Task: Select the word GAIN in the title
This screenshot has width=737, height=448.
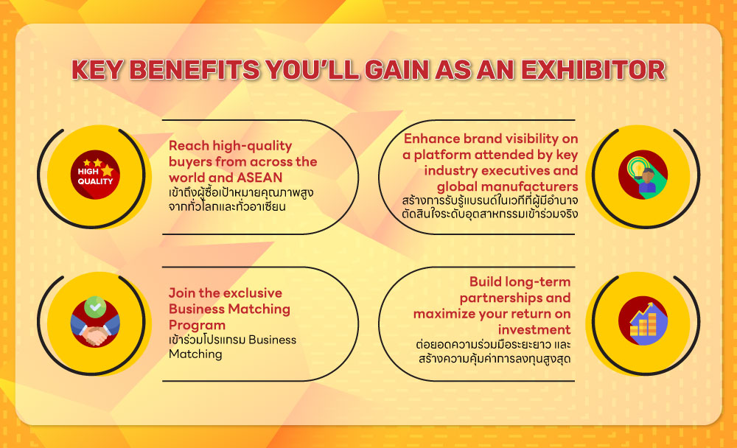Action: pyautogui.click(x=413, y=70)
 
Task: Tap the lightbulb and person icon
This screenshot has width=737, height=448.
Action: pyautogui.click(x=642, y=175)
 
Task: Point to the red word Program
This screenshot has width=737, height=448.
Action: pyautogui.click(x=197, y=324)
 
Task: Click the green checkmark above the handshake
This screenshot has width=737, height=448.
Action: pyautogui.click(x=93, y=304)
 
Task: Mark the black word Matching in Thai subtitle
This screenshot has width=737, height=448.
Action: pyautogui.click(x=196, y=354)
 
